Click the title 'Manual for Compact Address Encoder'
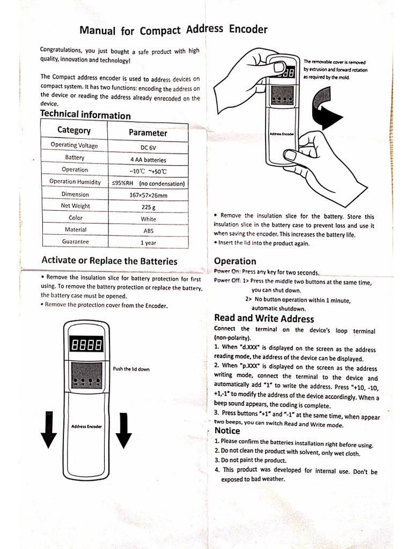(x=173, y=30)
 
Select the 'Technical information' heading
(x=85, y=115)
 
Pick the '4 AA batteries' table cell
(x=148, y=160)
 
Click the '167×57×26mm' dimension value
(x=148, y=195)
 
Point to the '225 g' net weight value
(x=148, y=207)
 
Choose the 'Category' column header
(x=74, y=130)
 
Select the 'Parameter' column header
(x=148, y=133)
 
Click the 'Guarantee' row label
(x=75, y=242)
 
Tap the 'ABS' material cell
(x=148, y=231)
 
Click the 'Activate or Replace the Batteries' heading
(x=109, y=261)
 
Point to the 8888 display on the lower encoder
(x=86, y=345)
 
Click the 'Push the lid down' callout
(x=131, y=369)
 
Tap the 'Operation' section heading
(x=235, y=261)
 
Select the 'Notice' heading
(x=227, y=431)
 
